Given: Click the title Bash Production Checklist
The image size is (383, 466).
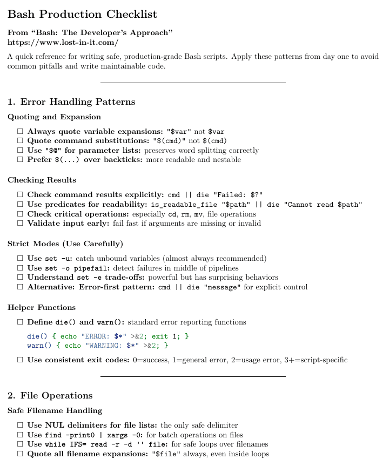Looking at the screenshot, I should pos(82,14).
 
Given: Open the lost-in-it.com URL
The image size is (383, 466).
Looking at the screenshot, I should pos(63,42).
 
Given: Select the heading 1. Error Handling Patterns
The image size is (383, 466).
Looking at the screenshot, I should pos(71,102).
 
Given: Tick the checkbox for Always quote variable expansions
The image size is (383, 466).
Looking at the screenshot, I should pos(20,131).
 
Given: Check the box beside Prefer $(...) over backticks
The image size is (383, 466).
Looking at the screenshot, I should pos(20,160).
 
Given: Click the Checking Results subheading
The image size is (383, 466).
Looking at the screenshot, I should pos(42,180).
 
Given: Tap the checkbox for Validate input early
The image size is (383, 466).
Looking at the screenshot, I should pos(20,223).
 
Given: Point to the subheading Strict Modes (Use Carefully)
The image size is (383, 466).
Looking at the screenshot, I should pos(65,243).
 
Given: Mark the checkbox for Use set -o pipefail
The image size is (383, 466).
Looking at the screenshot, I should pos(20,268).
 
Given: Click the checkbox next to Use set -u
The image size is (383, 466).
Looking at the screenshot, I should pos(20,258).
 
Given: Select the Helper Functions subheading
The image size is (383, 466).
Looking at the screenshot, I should pos(42,307).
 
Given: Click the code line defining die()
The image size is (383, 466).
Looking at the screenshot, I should pos(108,336).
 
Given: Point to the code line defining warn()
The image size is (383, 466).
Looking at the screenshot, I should pos(98,345).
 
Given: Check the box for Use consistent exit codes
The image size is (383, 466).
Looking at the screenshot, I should pos(20,360).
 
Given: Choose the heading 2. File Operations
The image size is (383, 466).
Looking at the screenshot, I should pos(50,395).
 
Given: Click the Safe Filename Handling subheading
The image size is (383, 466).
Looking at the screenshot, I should pos(55,410).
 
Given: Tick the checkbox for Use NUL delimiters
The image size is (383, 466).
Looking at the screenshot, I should pos(20,425).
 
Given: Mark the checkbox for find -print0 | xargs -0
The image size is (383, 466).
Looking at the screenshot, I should pos(20,435).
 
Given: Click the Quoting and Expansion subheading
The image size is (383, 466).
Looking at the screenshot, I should pos(54,117).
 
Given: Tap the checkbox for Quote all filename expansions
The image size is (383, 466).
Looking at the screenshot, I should pos(20,454).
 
